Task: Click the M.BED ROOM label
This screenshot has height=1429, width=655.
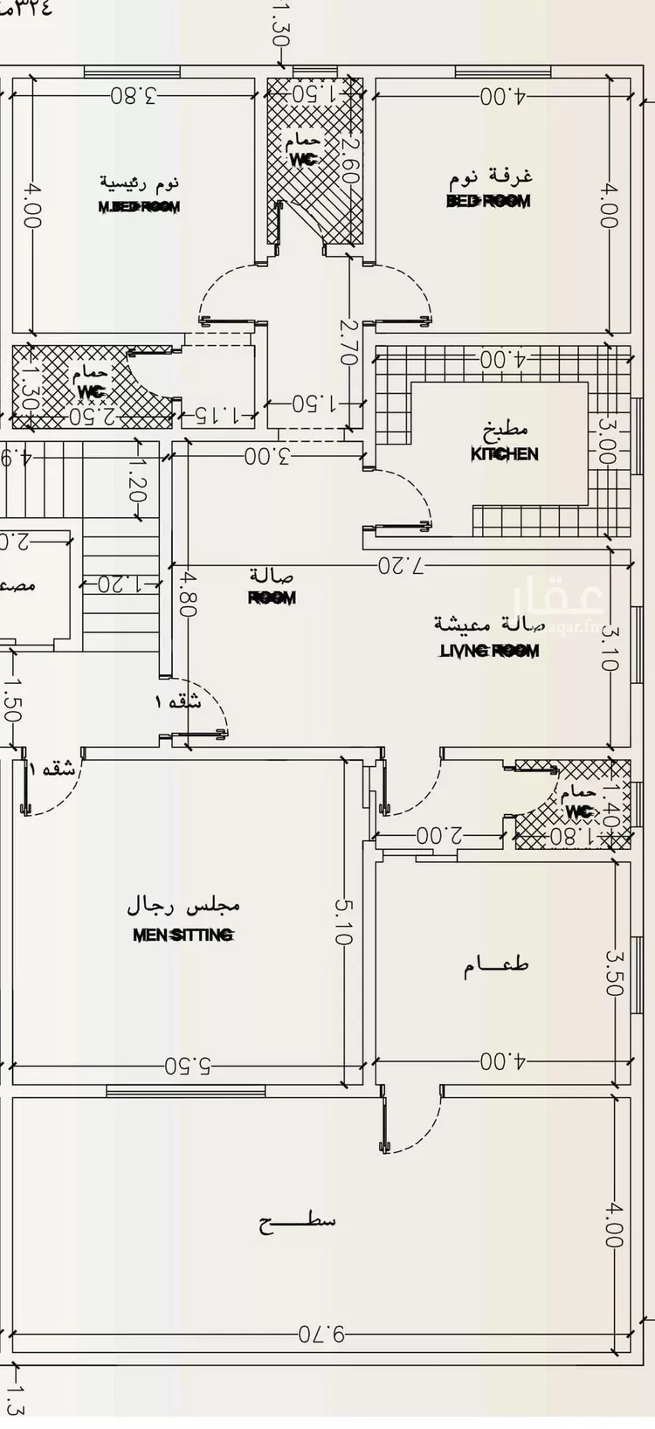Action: tap(139, 207)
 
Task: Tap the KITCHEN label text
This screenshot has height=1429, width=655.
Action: tap(505, 454)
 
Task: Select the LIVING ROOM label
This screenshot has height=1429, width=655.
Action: tap(489, 651)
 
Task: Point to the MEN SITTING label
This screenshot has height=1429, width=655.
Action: tap(183, 935)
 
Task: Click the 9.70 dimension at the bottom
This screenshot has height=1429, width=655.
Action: tap(321, 1334)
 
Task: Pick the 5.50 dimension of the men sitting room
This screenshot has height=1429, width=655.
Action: tap(188, 1066)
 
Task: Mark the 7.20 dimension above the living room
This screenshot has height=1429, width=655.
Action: tap(401, 565)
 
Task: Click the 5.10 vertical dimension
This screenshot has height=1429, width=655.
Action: tap(341, 922)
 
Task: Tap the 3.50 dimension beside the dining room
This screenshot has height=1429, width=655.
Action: tap(613, 972)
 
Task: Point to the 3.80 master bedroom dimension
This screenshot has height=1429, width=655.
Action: tap(134, 96)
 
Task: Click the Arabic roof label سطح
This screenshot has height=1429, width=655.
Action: tap(297, 1222)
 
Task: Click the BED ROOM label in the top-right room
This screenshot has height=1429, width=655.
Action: tap(488, 201)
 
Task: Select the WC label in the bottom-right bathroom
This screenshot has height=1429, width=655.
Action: tap(578, 811)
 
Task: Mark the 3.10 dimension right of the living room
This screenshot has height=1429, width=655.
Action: tap(609, 649)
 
